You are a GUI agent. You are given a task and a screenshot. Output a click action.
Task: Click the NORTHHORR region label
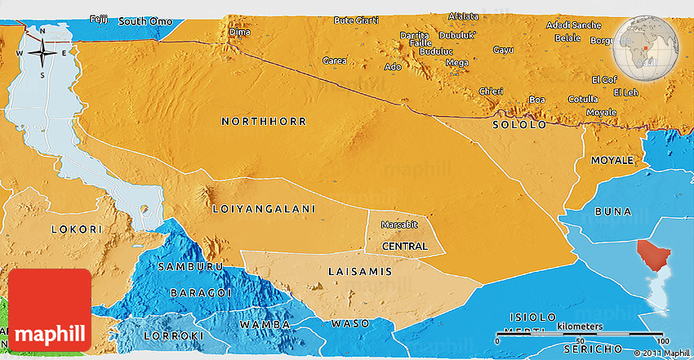[264, 122]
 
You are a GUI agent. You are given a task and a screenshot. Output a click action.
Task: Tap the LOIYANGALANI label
[263, 209]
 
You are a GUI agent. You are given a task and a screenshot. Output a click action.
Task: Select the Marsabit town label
[400, 224]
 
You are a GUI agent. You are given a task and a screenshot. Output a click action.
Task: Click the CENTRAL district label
[404, 246]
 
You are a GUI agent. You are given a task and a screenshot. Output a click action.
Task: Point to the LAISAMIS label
[359, 271]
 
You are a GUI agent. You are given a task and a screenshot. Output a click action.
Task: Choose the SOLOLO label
[519, 125]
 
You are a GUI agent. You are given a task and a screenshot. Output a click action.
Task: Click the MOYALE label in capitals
[612, 160]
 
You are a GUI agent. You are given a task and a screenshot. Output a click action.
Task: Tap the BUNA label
[612, 211]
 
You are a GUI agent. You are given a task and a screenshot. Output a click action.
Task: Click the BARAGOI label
[200, 292]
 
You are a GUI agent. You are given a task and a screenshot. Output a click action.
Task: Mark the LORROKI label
[171, 336]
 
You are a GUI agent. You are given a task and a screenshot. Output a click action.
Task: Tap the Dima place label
[239, 32]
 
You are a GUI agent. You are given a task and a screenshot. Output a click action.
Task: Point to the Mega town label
[456, 63]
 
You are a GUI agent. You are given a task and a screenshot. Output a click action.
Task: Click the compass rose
[42, 53]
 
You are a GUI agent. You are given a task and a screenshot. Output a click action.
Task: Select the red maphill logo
[50, 310]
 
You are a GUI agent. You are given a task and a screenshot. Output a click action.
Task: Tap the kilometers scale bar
[582, 338]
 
